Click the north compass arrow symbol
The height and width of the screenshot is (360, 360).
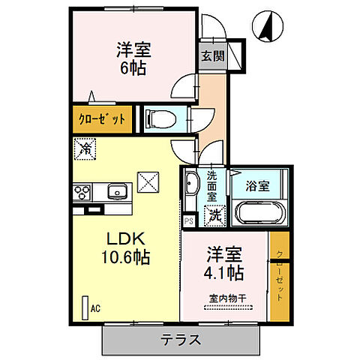click(266, 28)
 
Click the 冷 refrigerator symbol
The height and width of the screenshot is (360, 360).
click(85, 149)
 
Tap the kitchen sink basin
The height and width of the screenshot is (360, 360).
click(117, 192)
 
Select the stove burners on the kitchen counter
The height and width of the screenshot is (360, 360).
click(81, 193)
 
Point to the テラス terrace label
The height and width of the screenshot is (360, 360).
click(180, 340)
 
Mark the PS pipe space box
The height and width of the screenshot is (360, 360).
click(188, 221)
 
